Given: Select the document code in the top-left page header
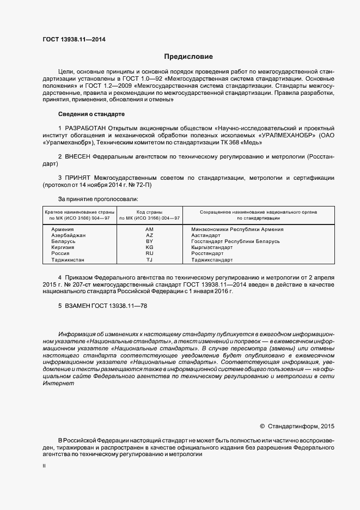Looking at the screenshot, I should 74,40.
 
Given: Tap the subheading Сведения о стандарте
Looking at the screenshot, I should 91,114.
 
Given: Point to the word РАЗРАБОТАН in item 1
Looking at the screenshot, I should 85,128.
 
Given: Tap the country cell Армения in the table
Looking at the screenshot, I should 62,229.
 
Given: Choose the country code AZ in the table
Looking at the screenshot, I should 150,235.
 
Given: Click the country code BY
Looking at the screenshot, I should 150,241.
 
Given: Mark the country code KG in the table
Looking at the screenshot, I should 150,247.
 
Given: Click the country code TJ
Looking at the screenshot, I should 150,259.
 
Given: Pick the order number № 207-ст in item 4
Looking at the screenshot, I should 76,284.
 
